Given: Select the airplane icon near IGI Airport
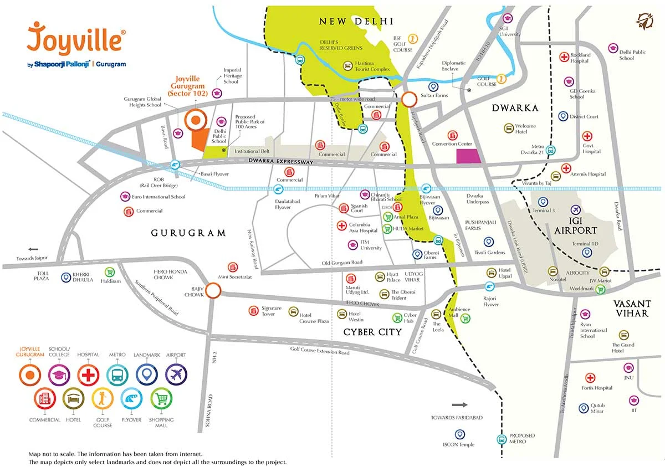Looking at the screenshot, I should pos(575,210).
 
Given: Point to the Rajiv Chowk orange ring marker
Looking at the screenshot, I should pos(214,290).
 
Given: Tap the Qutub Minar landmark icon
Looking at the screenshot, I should pos(583,408).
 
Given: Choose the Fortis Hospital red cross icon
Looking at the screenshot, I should pos(590,378).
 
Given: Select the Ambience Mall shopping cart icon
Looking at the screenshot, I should pos(465,318).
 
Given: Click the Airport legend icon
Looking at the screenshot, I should pos(176,375).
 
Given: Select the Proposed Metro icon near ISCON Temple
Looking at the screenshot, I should pos(501,440).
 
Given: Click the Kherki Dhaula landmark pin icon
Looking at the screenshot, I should pos(66,277).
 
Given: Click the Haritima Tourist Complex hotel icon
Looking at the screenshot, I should pos(346,66).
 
